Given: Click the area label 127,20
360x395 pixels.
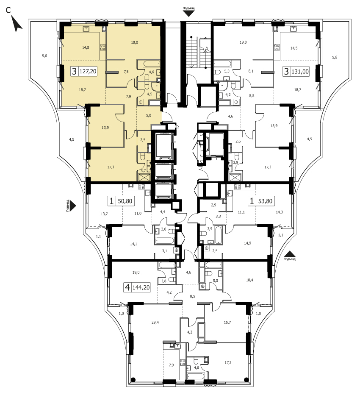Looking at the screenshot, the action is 88,71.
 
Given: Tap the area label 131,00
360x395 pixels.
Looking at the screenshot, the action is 300,72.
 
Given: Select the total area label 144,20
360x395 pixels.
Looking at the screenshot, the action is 141,287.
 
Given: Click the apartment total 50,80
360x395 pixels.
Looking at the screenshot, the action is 125,201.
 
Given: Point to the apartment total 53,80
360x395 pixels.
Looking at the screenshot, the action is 265,201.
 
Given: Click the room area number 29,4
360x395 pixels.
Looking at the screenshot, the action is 155,322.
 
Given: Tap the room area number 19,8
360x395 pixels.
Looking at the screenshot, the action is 243,42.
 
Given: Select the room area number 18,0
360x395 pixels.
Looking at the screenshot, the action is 134,42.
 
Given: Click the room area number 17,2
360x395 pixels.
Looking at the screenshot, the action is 227,362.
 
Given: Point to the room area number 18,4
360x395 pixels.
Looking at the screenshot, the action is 249,280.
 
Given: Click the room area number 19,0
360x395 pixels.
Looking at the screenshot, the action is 136,272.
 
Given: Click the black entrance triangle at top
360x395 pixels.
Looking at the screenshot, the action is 189,14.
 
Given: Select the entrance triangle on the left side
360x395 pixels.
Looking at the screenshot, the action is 72,206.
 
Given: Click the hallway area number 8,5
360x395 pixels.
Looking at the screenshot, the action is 192,296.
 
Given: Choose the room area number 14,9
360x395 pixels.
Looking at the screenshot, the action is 247,243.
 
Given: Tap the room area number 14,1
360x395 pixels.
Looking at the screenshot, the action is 133,244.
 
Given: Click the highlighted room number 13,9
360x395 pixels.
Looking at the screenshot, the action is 105,128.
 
